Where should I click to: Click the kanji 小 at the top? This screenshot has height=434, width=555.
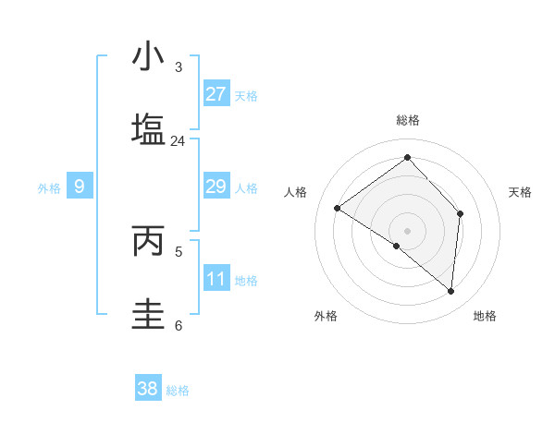[x=148, y=56]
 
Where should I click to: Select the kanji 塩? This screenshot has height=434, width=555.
[x=148, y=130]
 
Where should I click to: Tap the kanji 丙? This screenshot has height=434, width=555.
[x=148, y=241]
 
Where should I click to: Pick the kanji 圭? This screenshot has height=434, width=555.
[x=148, y=314]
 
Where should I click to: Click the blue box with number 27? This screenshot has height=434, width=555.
[x=216, y=94]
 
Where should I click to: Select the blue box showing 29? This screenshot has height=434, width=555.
[x=216, y=187]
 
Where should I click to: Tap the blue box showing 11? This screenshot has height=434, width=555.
[x=216, y=279]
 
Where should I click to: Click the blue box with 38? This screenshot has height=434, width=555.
[x=148, y=389]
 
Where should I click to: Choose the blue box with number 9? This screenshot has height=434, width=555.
[x=80, y=187]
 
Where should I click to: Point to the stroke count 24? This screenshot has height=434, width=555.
[x=178, y=141]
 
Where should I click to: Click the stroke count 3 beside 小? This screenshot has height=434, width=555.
[x=178, y=67]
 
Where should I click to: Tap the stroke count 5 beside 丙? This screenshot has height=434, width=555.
[x=178, y=251]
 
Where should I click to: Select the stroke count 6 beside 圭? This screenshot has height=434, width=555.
[x=178, y=325]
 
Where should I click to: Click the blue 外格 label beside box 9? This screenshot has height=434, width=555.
[x=49, y=188]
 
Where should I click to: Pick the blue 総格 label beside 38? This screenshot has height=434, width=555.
[x=178, y=391]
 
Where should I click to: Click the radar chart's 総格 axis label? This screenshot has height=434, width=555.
[x=407, y=120]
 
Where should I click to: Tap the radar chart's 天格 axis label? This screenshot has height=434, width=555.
[x=520, y=192]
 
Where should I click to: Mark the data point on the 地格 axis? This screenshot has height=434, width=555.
[x=450, y=292]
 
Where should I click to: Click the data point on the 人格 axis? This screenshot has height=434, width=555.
[x=338, y=209]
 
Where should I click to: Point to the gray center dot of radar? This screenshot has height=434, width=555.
[x=407, y=230]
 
